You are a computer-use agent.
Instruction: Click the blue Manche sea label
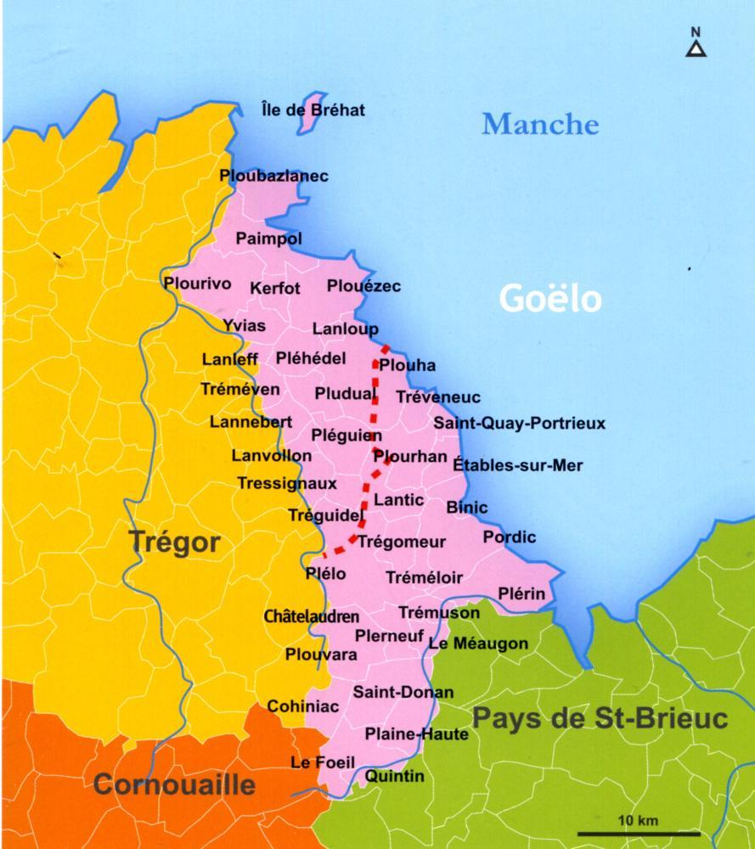tap(540, 124)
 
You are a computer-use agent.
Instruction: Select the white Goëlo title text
tap(550, 298)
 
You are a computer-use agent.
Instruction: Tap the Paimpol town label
tap(268, 239)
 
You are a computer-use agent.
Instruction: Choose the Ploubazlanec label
tap(273, 176)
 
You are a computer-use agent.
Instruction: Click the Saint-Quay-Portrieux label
tap(519, 422)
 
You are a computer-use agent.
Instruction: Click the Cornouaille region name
tap(174, 784)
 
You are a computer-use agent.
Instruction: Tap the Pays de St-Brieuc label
tap(600, 719)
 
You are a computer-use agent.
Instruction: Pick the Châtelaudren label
tap(312, 616)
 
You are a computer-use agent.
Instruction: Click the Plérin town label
tap(521, 593)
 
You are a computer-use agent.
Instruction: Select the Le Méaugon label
tap(478, 644)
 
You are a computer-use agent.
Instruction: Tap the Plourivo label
tap(196, 284)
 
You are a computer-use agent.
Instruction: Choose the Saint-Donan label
tap(403, 692)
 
